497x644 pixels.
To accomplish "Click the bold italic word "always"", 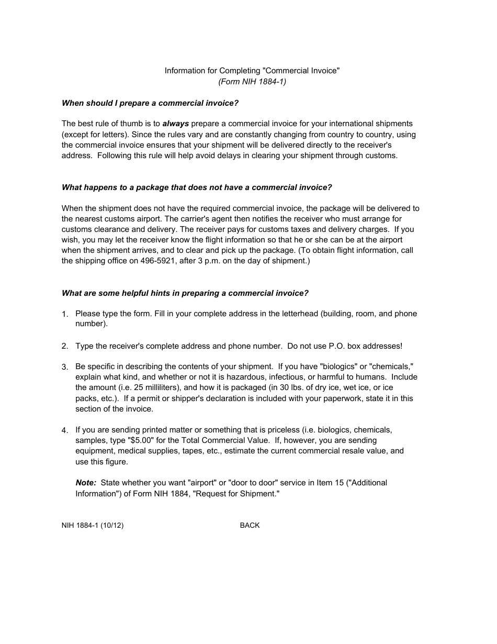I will (176, 124).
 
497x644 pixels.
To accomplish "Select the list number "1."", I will (65, 314).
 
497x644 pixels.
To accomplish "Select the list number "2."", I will (65, 346).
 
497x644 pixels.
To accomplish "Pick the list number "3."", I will (65, 367).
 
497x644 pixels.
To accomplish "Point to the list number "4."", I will (65, 430).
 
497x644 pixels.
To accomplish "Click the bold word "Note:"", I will (86, 483).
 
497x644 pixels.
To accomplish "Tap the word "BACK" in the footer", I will (250, 525).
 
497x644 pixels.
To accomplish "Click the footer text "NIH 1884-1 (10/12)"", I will (93, 525).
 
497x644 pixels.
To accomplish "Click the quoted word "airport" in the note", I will (199, 483).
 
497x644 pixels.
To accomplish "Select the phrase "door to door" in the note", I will (253, 483).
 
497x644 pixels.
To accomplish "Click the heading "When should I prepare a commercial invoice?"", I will (150, 103).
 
